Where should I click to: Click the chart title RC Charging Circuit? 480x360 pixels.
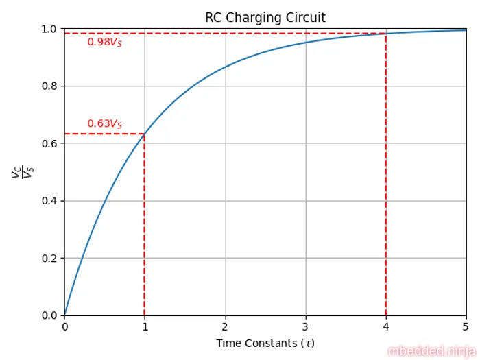tap(265, 17)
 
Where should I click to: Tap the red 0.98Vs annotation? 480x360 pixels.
tap(104, 43)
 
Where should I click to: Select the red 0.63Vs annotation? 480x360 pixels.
tap(104, 124)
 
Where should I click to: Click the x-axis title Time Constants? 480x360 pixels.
tap(265, 343)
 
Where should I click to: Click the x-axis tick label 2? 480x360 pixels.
tap(225, 326)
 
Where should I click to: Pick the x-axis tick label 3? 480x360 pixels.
tap(305, 326)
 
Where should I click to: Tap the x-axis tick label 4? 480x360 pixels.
tap(385, 326)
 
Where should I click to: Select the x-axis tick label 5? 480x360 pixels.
tap(466, 326)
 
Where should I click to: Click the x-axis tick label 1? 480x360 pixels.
tap(145, 326)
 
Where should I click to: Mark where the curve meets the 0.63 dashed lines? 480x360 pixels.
tap(145, 134)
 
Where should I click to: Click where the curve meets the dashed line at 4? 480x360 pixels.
tap(385, 34)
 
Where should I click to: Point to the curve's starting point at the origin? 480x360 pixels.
tap(64, 315)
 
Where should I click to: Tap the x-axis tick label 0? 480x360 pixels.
tap(64, 326)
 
